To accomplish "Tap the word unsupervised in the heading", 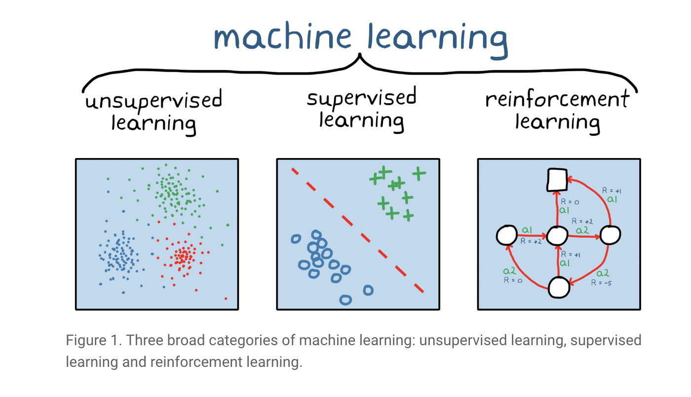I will tap(154, 102).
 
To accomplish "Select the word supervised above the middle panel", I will tap(361, 98).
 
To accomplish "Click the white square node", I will tap(556, 180).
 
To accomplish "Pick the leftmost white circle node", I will tap(507, 236).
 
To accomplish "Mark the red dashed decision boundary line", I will tap(357, 230).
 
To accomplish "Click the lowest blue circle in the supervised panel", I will tap(345, 299).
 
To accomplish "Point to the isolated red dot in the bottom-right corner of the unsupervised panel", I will tap(226, 298).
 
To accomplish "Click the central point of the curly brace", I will tap(360, 58).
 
